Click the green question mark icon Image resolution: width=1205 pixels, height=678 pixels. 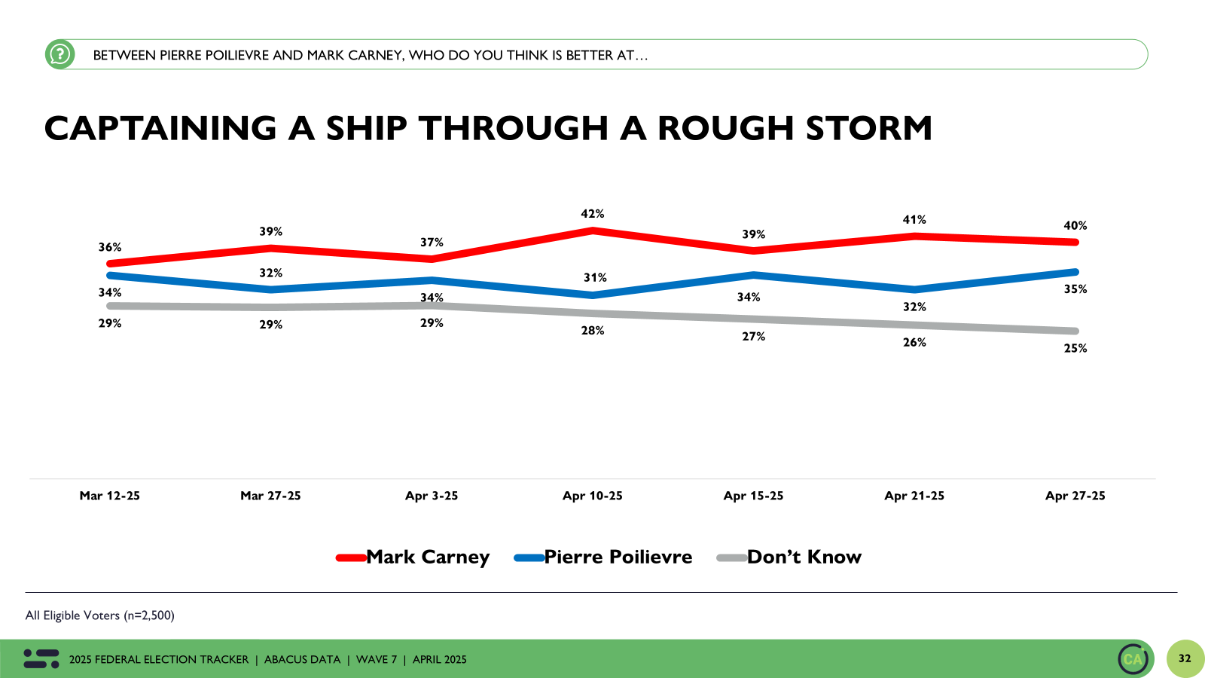tap(59, 54)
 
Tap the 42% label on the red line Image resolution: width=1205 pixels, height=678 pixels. tap(592, 214)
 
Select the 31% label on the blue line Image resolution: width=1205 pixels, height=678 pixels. tap(595, 278)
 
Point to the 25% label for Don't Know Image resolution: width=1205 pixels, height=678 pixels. tap(1075, 349)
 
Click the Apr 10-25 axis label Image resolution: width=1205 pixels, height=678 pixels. tap(592, 496)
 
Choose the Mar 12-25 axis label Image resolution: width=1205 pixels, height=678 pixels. tap(110, 496)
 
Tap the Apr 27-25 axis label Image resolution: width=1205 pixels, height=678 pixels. tap(1075, 496)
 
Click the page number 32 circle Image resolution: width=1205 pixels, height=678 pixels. tap(1185, 658)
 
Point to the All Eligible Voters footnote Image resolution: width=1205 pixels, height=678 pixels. tap(100, 615)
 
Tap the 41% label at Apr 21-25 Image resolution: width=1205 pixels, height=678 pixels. tap(914, 220)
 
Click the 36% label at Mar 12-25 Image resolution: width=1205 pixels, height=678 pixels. tap(110, 247)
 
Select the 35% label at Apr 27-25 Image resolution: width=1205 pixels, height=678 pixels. tap(1075, 289)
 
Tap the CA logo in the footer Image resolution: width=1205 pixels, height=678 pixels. tap(1133, 659)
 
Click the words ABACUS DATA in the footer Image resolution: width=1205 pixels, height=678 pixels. tap(302, 660)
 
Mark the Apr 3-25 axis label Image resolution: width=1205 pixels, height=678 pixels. tap(432, 496)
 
